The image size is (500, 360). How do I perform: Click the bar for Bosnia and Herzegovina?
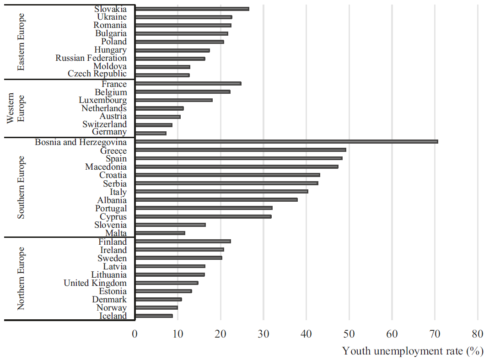[x=286, y=141]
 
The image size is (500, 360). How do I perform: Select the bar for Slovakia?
[x=192, y=9]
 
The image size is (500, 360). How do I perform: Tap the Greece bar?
[x=241, y=150]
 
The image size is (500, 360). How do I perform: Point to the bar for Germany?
[x=151, y=133]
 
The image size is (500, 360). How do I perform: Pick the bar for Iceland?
[x=154, y=316]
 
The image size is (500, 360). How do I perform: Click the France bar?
[x=188, y=83]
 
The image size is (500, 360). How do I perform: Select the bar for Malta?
[x=160, y=233]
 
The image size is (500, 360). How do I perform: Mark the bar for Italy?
[x=221, y=191]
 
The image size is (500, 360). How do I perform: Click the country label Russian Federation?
[x=91, y=58]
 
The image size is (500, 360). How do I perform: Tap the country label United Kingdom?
[x=95, y=283]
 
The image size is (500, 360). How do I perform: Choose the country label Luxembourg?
[x=102, y=100]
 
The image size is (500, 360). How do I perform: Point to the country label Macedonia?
[x=106, y=167]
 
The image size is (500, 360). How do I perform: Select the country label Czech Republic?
[x=97, y=74]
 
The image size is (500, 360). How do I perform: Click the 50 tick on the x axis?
[x=349, y=334]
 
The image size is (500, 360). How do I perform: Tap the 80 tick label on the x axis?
[x=478, y=334]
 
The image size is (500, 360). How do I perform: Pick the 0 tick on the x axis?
[x=135, y=334]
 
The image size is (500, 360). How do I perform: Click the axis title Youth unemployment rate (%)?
[x=413, y=351]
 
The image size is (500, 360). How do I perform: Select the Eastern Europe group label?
[x=21, y=42]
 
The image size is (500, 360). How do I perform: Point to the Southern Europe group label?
[x=21, y=187]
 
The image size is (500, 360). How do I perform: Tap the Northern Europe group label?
[x=21, y=279]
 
